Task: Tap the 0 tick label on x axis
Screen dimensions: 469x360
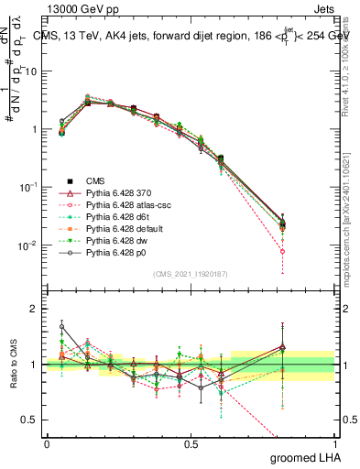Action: [47, 442]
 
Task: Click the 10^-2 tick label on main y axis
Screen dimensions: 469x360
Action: [27, 245]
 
